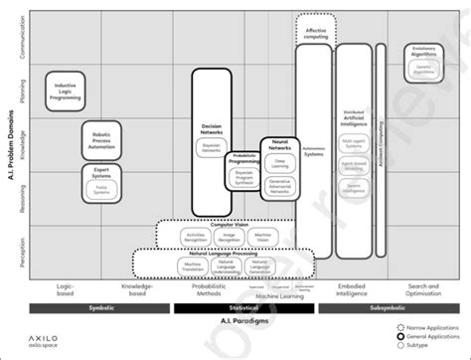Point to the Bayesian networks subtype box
pos(210,147)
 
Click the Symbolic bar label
pos(100,309)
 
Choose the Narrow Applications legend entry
pos(435,327)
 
